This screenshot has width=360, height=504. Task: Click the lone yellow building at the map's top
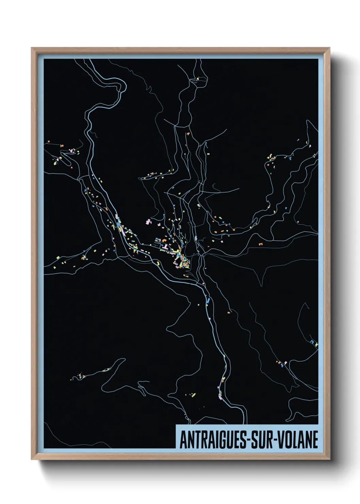tap(198, 79)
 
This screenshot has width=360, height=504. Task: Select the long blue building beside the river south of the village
tap(208, 301)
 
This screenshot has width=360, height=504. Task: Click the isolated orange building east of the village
tap(261, 244)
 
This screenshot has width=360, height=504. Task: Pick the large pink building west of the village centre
tap(148, 222)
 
